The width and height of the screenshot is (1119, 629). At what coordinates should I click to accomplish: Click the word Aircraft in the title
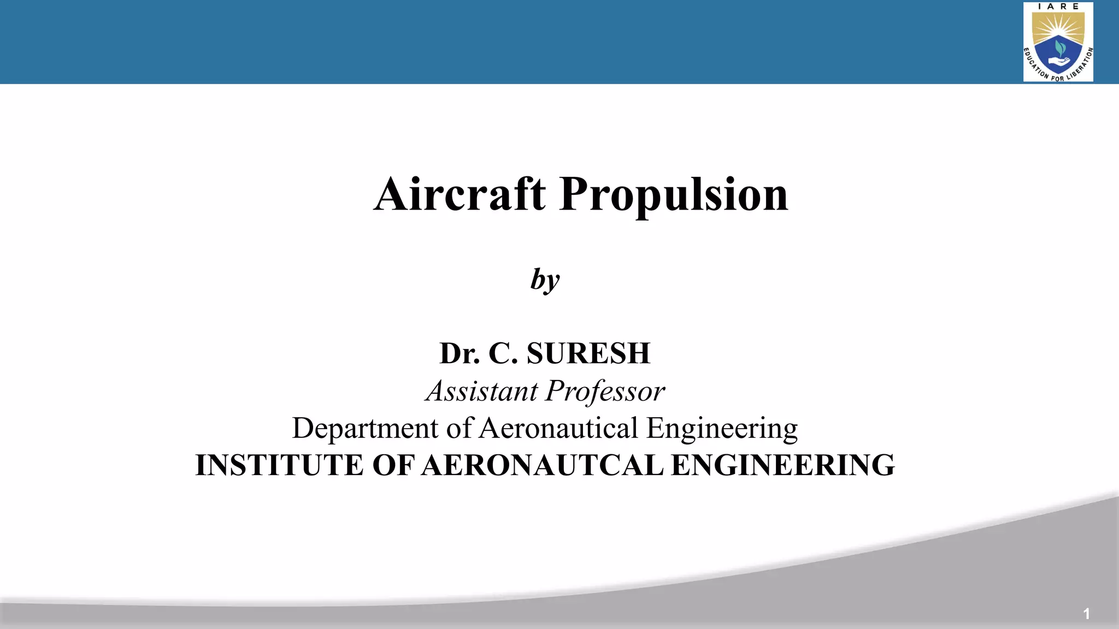click(460, 194)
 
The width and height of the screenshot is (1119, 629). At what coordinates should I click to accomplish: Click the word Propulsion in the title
click(674, 195)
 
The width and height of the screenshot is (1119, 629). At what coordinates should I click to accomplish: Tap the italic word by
click(545, 280)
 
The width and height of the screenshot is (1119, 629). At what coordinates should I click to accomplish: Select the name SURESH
click(588, 353)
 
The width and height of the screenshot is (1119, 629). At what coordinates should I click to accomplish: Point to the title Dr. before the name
click(460, 353)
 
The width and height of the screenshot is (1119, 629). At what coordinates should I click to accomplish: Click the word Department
click(365, 428)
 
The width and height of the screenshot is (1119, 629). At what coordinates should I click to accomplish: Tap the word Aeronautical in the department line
click(558, 428)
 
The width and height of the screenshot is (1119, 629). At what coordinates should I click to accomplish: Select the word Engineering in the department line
click(722, 429)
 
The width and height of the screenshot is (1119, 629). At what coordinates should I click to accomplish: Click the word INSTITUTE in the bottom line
click(279, 465)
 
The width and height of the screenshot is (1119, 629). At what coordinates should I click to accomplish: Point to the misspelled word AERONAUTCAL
click(543, 465)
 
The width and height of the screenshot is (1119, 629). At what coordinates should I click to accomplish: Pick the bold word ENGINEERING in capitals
click(782, 465)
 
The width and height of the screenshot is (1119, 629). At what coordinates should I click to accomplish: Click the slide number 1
click(1086, 614)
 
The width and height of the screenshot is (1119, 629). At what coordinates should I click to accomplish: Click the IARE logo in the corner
click(1058, 42)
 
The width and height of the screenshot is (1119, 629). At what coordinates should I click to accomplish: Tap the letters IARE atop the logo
click(1058, 7)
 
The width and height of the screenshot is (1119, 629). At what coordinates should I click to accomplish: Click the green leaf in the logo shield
click(1060, 48)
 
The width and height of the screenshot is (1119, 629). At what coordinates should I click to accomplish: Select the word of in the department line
click(459, 428)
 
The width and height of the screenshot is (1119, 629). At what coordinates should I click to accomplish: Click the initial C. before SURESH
click(503, 353)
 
